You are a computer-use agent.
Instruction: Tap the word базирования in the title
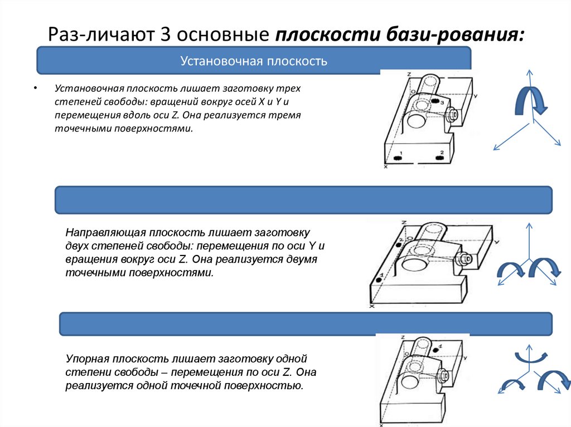[452, 36]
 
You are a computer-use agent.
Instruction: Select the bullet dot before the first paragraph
[35, 89]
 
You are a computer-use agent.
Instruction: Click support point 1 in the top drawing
[398, 159]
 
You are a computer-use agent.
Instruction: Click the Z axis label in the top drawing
[409, 74]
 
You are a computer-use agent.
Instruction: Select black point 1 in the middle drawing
[379, 281]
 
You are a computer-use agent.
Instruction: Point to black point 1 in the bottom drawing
[435, 350]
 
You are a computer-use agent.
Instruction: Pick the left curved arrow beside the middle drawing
[509, 269]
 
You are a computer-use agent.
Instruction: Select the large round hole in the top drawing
[416, 120]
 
